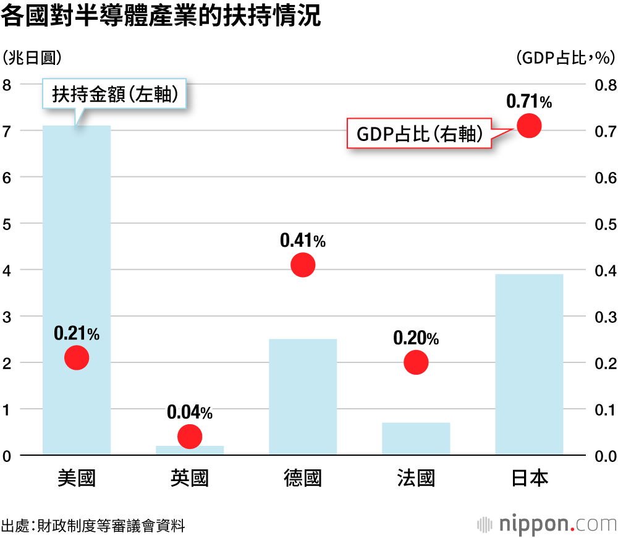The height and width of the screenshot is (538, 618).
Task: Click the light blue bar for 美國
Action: [77, 247]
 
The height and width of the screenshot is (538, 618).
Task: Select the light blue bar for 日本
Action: [529, 365]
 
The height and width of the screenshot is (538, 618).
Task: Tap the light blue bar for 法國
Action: [416, 439]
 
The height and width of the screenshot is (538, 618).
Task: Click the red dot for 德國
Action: [303, 265]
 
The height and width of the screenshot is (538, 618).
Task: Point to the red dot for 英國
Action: [190, 437]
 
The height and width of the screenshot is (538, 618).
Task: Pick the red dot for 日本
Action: [529, 126]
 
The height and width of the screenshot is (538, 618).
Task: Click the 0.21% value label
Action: [77, 334]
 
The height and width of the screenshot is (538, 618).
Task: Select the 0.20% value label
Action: [416, 338]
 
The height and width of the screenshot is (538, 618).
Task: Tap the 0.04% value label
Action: [190, 412]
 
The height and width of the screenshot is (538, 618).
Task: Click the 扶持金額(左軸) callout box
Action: [116, 94]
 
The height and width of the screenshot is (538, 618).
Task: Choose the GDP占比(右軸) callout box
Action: [420, 134]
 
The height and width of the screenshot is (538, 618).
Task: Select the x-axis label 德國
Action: [303, 479]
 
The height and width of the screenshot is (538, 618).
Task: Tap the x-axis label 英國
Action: [190, 479]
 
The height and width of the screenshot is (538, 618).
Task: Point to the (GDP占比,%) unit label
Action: [565, 58]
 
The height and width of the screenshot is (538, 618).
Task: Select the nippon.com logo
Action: [547, 524]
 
